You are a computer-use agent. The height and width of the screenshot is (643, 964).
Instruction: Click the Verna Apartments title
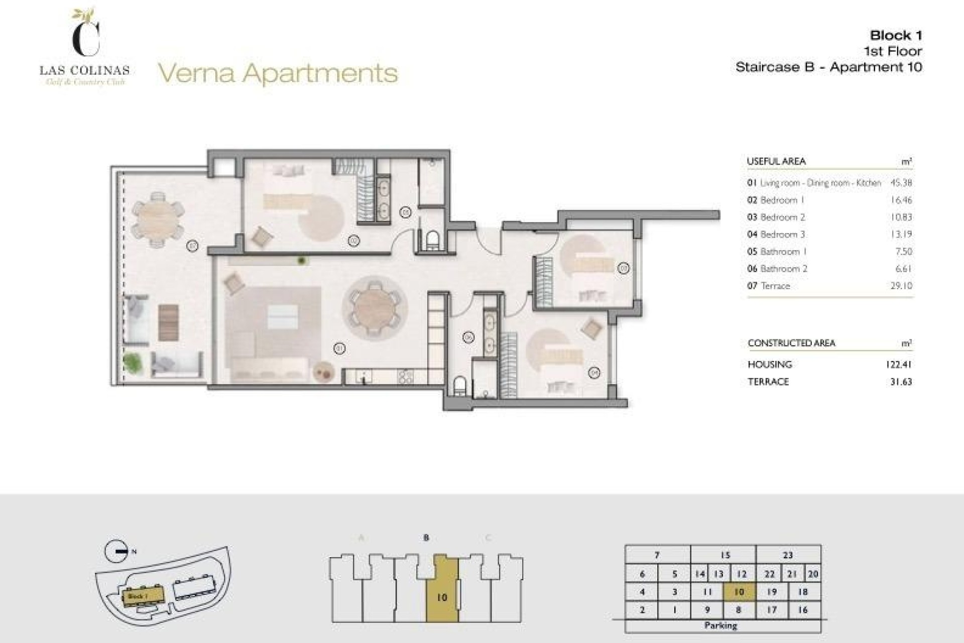point(278,73)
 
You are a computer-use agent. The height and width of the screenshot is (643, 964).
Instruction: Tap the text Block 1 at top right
point(896,35)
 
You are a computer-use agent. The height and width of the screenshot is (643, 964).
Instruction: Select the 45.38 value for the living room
point(901,183)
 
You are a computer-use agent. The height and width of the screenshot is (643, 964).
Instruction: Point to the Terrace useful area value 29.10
point(901,286)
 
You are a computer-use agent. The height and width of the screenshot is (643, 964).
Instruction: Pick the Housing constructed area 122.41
point(898,365)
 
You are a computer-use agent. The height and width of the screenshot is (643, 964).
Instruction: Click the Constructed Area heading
point(791,343)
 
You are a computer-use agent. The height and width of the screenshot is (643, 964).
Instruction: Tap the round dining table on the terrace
point(157,220)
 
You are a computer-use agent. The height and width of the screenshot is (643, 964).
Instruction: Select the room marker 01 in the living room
point(339,348)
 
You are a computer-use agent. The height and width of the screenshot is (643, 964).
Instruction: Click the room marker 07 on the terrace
point(192,246)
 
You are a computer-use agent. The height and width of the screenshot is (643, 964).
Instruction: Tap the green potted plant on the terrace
point(132,362)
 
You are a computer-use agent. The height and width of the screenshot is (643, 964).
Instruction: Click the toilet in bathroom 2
point(459,386)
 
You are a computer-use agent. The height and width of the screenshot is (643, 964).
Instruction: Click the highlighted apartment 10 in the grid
point(739,592)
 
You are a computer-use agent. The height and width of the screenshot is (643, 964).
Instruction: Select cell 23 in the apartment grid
point(788,555)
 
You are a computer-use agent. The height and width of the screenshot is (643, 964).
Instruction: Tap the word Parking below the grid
point(720,625)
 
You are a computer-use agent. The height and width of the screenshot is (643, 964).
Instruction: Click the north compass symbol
point(117,552)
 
